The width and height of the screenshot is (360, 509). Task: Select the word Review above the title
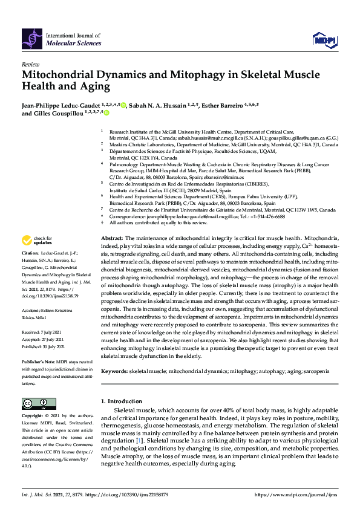tap(31, 64)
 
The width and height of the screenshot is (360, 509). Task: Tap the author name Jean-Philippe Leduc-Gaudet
tap(67, 106)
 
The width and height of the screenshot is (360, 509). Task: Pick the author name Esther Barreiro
tap(225, 106)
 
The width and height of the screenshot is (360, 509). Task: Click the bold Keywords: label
tap(116, 369)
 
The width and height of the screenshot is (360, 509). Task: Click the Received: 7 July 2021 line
tap(44, 332)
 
